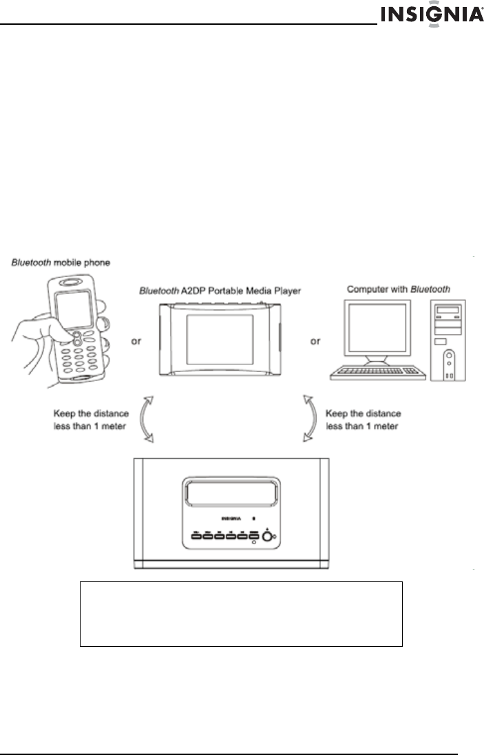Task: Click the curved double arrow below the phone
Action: pos(147,420)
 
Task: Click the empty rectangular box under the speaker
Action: pos(241,613)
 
